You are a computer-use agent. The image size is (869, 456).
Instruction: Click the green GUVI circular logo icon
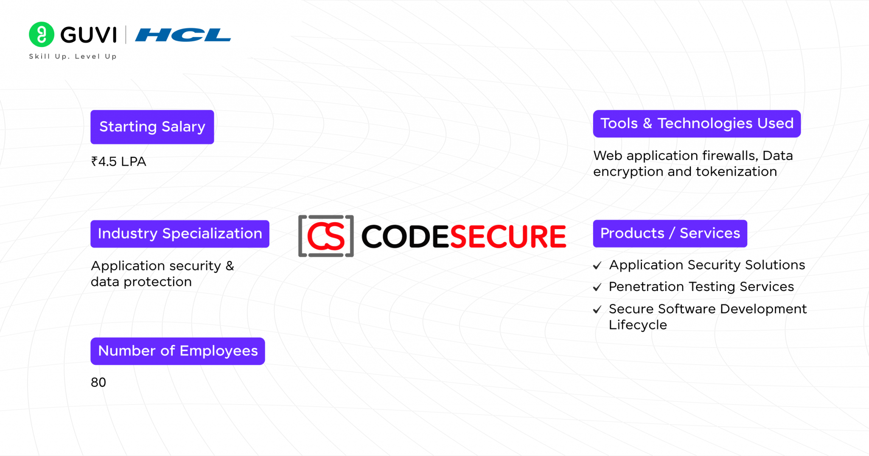click(x=42, y=34)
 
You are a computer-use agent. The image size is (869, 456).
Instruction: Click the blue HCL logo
click(x=183, y=35)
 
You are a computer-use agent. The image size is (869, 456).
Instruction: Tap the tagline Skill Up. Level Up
click(x=73, y=56)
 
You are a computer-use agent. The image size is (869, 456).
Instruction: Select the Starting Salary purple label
click(x=152, y=127)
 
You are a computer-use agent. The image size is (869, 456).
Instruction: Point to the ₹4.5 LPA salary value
click(x=119, y=162)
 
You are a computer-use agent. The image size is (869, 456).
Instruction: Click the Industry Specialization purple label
click(x=179, y=234)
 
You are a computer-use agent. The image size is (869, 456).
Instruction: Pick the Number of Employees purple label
click(x=177, y=351)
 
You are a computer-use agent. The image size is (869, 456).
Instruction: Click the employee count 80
click(x=98, y=383)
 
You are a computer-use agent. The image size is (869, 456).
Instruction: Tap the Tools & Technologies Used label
click(x=696, y=123)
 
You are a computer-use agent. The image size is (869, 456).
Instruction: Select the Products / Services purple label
click(x=670, y=233)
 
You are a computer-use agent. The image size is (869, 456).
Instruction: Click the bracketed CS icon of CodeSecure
click(x=326, y=236)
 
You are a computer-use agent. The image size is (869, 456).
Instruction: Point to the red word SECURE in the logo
click(x=507, y=237)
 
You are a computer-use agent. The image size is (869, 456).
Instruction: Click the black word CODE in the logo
click(x=405, y=237)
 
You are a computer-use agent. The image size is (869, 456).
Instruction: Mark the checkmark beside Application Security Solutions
click(x=597, y=266)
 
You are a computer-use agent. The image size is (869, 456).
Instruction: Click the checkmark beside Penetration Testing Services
click(x=597, y=288)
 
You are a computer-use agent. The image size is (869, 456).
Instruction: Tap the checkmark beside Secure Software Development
click(x=597, y=310)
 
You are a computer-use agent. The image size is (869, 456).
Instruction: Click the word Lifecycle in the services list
click(x=638, y=325)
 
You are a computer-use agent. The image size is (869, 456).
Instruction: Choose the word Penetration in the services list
click(x=646, y=287)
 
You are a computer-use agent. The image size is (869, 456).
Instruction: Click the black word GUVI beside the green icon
click(x=88, y=35)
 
